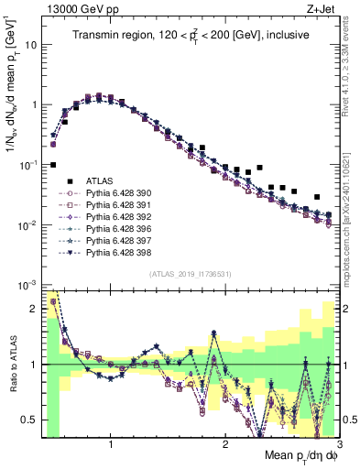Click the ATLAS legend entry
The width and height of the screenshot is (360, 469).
tap(101, 181)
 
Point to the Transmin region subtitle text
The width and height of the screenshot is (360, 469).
tap(190, 36)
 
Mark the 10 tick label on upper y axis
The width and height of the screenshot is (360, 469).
tap(31, 44)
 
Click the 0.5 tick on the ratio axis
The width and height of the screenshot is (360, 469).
tap(29, 420)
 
